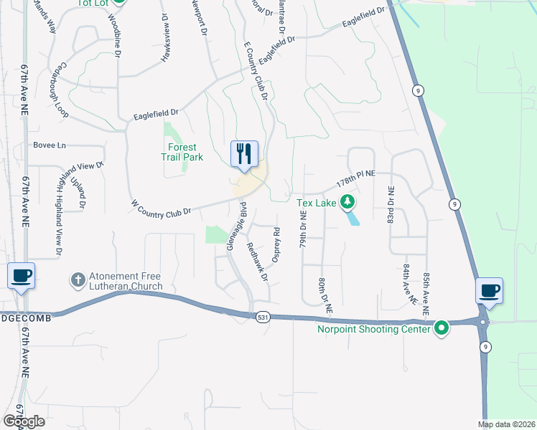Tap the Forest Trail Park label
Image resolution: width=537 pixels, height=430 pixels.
(181, 152)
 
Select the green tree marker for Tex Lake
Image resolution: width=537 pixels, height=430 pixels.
(347, 202)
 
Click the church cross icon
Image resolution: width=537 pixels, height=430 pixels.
(78, 277)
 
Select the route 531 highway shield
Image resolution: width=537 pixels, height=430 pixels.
(263, 316)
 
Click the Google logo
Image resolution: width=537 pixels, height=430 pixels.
(24, 421)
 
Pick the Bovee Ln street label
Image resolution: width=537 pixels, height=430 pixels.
(50, 145)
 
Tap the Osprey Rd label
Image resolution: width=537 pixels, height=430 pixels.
(276, 241)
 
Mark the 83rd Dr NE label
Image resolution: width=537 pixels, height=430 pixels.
(391, 205)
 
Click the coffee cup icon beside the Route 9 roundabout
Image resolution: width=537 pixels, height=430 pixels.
(489, 290)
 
